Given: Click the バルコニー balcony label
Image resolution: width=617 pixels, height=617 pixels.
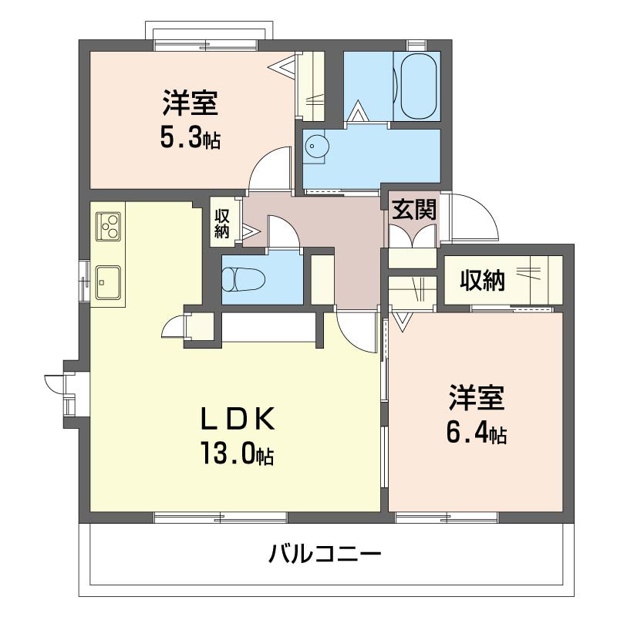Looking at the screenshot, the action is click(x=325, y=554).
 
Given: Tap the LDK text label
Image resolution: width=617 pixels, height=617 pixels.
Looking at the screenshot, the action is click(x=238, y=419).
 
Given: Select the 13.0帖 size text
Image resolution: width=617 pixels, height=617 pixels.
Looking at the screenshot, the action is click(x=238, y=453).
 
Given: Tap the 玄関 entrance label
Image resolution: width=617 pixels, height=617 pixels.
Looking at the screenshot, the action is click(x=414, y=209).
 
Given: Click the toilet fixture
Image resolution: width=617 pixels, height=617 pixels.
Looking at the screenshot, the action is click(x=243, y=279).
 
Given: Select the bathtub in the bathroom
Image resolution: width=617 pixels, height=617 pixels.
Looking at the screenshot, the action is click(x=418, y=86).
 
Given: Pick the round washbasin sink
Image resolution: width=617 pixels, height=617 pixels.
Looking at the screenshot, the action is click(x=317, y=147).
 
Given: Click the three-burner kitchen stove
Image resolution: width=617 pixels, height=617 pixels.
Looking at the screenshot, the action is click(x=108, y=226).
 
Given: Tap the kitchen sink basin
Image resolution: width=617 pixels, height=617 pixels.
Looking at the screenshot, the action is click(x=108, y=282).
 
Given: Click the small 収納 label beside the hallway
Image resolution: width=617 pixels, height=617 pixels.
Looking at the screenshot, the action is click(x=222, y=224).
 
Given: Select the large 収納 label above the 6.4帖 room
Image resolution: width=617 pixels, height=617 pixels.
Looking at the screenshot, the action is click(x=483, y=280).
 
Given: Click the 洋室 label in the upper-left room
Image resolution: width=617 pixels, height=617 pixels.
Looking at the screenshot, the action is click(x=190, y=103).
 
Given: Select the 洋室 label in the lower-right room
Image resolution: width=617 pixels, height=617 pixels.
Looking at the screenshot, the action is click(x=477, y=398).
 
